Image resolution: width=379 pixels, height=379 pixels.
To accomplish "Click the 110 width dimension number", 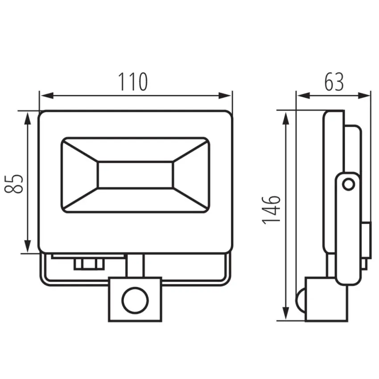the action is (133, 82).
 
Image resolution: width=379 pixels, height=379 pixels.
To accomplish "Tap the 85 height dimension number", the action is (14, 183).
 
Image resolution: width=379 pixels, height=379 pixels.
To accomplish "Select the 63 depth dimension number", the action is (334, 82).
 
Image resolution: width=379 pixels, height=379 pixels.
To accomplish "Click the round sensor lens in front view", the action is (135, 300).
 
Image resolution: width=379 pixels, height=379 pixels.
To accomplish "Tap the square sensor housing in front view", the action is (135, 300).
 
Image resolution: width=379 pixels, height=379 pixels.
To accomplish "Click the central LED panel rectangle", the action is (136, 175).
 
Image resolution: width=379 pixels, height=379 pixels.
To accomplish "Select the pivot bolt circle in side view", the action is (349, 185).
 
